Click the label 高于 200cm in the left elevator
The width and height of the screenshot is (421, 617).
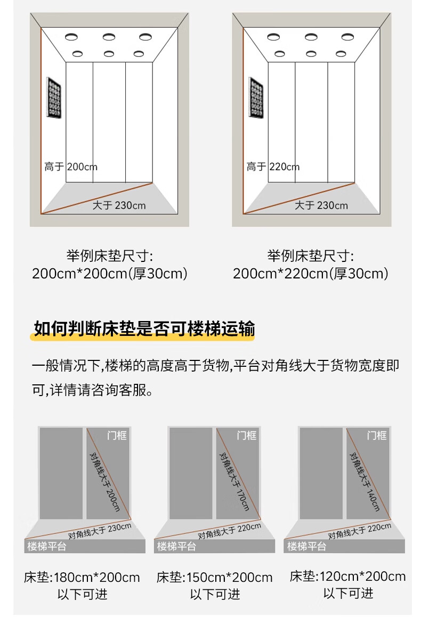click(x=71, y=167)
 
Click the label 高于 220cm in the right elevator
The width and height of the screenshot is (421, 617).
click(x=273, y=167)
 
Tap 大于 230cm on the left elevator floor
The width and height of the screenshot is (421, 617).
click(x=119, y=205)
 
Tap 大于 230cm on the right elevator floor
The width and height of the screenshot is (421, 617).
click(x=321, y=205)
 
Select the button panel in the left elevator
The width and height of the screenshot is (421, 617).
click(x=54, y=97)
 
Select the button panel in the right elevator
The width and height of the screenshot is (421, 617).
click(x=256, y=97)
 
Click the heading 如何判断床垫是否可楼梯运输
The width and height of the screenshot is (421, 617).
click(x=144, y=329)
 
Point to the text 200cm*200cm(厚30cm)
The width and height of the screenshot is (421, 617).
click(x=109, y=274)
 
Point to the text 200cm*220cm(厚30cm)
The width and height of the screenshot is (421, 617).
click(x=310, y=274)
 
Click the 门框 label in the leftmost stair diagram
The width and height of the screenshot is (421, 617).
click(x=117, y=435)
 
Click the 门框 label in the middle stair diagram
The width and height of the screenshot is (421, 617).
click(x=247, y=435)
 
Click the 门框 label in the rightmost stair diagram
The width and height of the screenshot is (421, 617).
click(x=377, y=435)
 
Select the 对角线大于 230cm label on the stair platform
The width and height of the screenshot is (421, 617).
click(x=100, y=531)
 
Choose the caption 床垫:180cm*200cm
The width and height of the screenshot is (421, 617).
click(x=82, y=578)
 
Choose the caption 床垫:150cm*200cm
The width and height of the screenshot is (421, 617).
click(x=215, y=578)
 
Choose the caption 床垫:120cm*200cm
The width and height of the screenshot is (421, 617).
click(x=348, y=577)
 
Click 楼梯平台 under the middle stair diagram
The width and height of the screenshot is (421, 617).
click(x=176, y=546)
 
